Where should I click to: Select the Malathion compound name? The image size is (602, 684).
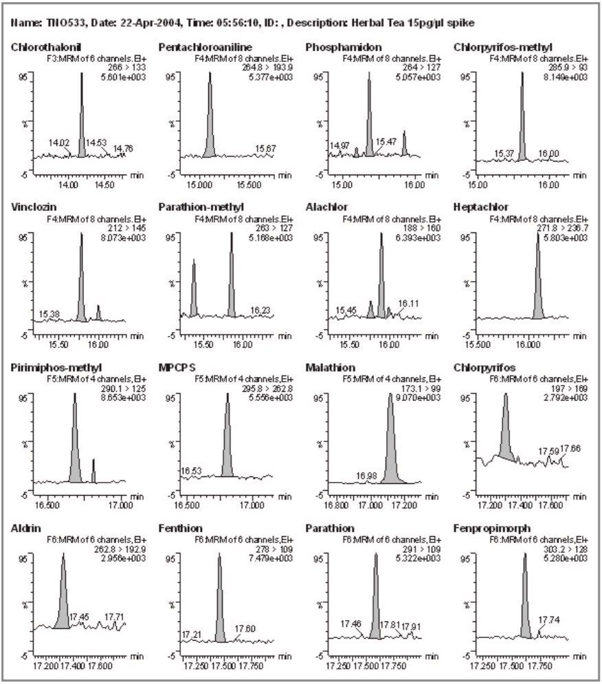coord(330,368)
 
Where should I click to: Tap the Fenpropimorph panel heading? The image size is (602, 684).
coord(487,528)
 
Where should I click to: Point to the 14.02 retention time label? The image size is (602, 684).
coord(59,143)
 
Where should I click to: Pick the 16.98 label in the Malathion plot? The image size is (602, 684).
coord(366,476)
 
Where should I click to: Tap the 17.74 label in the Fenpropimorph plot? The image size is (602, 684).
coord(548,619)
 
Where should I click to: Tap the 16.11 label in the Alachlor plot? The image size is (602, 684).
coord(408,302)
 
